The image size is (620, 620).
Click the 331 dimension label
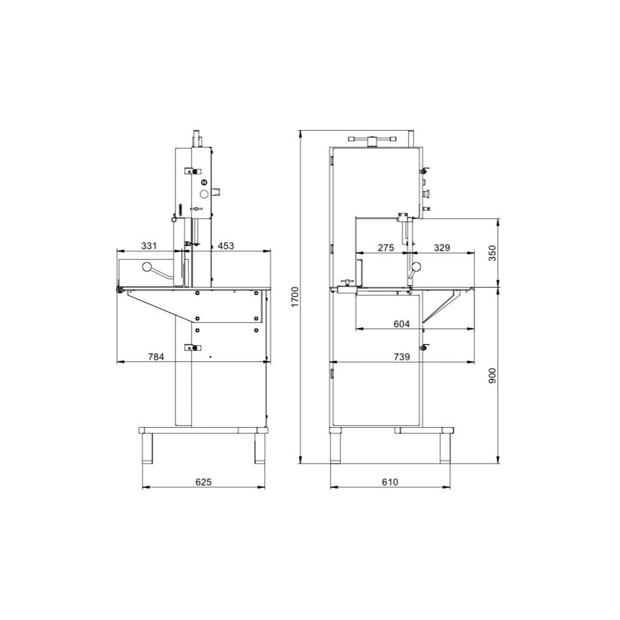coord(149,246)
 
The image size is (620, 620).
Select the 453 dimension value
coord(226,246)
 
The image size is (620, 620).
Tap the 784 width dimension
coord(156,357)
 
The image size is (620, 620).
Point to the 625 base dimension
coord(203,482)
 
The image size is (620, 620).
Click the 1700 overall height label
coord(295,297)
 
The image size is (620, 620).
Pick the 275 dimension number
coord(386,247)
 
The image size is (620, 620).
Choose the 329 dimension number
coord(441,247)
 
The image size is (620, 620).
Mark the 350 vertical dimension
coord(492,253)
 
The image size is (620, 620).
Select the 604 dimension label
coord(402,324)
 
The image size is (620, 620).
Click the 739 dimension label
coord(402,356)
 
